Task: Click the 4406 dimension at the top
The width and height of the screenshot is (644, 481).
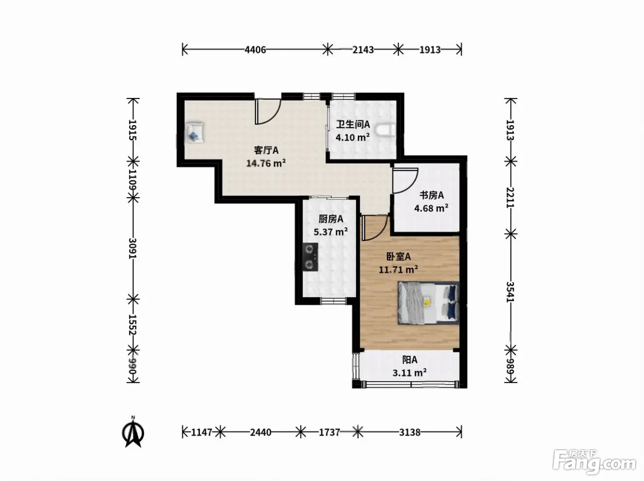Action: tap(255, 50)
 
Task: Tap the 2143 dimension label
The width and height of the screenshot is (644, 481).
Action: tap(363, 50)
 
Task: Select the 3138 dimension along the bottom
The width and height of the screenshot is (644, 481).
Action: tap(410, 432)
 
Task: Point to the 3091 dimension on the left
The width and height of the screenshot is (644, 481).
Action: tap(132, 248)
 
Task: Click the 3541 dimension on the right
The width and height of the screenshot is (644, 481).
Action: tap(511, 292)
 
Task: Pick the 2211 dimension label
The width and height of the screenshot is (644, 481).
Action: tap(511, 197)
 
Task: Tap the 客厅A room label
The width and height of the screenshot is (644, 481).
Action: tap(266, 150)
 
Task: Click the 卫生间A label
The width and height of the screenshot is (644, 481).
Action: tap(353, 125)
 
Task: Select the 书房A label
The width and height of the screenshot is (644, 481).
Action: tap(431, 195)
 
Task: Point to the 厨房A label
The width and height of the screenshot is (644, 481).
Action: tap(331, 219)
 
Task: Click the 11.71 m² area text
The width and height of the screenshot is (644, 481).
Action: tap(398, 269)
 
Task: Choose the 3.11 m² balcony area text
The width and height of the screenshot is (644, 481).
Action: tap(409, 373)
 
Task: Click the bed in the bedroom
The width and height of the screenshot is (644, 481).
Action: tap(429, 303)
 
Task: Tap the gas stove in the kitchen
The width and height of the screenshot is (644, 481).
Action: tap(310, 257)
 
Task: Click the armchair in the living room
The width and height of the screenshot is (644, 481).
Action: tap(194, 133)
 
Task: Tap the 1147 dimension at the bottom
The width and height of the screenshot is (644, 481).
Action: tap(201, 432)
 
